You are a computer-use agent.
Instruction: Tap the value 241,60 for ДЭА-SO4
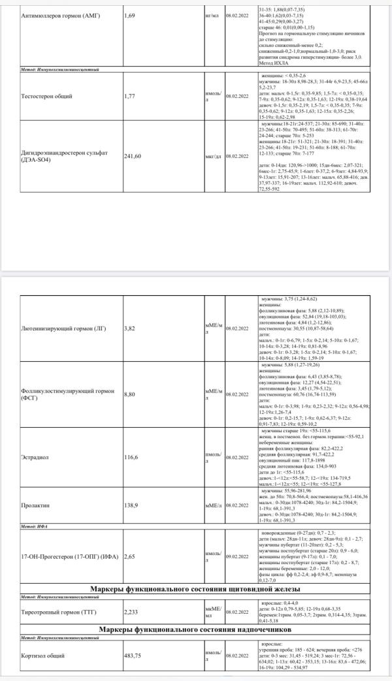point(133,156)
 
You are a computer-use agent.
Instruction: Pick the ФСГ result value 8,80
point(131,394)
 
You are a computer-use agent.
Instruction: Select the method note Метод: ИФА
point(35,525)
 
